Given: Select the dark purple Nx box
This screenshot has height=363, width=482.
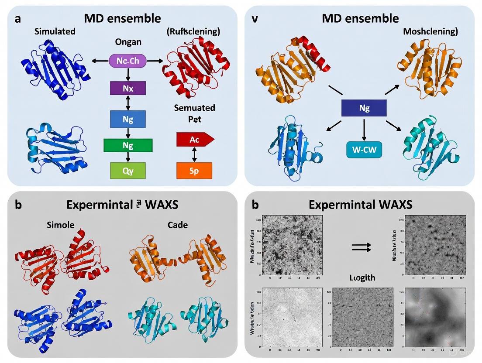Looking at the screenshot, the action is (x=127, y=88).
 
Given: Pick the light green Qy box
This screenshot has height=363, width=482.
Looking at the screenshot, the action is (x=127, y=171).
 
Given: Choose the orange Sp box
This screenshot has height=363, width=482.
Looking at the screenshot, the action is (x=194, y=170).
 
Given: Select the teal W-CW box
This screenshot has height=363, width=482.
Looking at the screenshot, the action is (x=364, y=150).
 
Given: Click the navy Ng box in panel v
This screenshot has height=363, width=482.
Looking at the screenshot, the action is (x=364, y=108).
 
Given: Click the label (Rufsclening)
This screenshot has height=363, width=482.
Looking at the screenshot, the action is (x=193, y=31).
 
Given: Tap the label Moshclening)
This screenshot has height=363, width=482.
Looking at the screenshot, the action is (x=430, y=31).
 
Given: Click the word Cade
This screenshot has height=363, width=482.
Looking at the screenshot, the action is (x=177, y=225).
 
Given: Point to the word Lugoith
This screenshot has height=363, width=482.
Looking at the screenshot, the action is (x=362, y=277).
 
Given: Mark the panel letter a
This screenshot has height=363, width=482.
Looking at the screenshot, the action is (x=18, y=19).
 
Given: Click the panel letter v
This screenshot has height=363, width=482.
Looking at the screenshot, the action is (x=255, y=19).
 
